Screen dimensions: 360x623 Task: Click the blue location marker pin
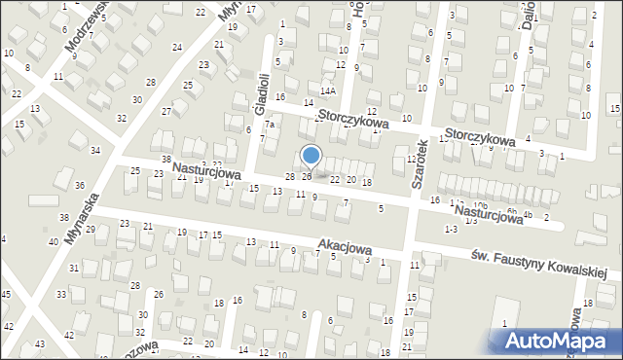(x=311, y=156)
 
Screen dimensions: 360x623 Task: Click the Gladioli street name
(x=261, y=93)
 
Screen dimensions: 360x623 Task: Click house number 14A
(x=329, y=90)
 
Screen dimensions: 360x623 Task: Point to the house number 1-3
(x=450, y=229)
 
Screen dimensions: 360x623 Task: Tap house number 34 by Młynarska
(x=95, y=150)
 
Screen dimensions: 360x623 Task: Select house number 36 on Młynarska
(x=80, y=185)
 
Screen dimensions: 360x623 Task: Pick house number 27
(x=166, y=111)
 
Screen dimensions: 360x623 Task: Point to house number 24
(x=177, y=47)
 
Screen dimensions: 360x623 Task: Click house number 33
(x=60, y=294)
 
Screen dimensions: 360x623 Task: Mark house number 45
(x=6, y=294)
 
